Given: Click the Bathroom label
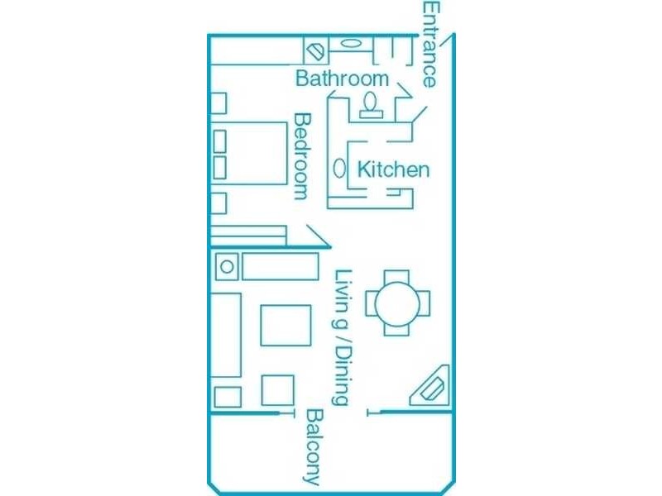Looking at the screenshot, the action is click(x=342, y=79).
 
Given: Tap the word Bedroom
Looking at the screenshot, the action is click(x=302, y=156).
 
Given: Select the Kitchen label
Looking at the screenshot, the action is click(x=393, y=169).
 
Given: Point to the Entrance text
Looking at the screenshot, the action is click(x=430, y=45).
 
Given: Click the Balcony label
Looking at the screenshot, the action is click(x=314, y=446).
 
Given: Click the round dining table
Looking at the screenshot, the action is click(x=397, y=303).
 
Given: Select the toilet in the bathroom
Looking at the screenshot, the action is click(x=371, y=105).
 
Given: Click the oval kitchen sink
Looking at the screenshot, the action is click(x=339, y=169).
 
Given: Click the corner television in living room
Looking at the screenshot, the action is click(x=430, y=386).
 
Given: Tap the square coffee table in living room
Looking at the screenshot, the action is click(x=285, y=326).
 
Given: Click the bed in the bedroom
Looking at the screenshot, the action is click(x=249, y=153).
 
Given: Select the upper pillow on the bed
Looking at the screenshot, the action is click(x=219, y=141).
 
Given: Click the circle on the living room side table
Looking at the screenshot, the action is click(x=227, y=267).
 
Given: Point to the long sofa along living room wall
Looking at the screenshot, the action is click(x=226, y=335).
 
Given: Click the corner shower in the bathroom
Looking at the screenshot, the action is click(x=316, y=51).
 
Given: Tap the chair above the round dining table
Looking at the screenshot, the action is click(x=396, y=277).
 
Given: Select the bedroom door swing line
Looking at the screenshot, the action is click(x=319, y=236).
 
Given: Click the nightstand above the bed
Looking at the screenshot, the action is click(x=218, y=103).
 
